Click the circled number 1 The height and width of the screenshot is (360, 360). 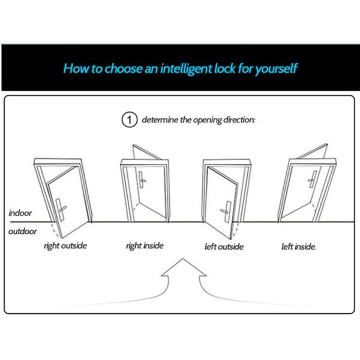(130, 119)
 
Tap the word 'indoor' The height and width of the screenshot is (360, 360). (20, 213)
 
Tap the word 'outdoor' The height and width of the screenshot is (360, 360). (23, 232)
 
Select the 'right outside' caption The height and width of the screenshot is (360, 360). (65, 246)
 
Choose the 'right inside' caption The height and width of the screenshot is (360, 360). (145, 246)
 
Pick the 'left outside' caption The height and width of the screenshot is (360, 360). (224, 247)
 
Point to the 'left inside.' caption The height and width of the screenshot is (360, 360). (299, 247)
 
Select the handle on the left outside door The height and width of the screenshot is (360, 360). (226, 212)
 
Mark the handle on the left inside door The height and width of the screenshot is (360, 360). (312, 179)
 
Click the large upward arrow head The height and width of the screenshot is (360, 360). (184, 267)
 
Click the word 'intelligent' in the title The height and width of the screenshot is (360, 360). (186, 68)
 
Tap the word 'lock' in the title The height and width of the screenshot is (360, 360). (225, 68)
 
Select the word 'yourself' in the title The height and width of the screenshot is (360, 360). (277, 68)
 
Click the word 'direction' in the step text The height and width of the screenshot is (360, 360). (239, 119)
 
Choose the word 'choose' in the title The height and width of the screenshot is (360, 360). (124, 68)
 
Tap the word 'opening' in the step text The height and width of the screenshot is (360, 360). (208, 120)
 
